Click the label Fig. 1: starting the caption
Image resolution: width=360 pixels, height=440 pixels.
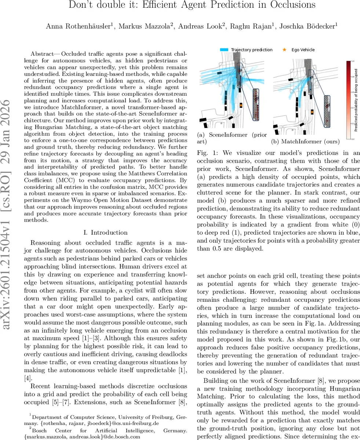coord(205,153)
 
